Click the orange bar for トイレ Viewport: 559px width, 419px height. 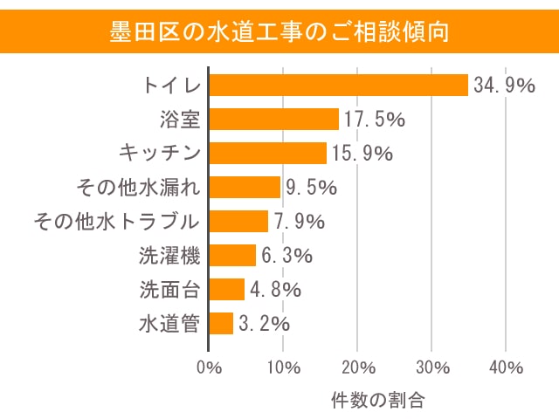point(339,85)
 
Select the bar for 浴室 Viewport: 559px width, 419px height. point(274,119)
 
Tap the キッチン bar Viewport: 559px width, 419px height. point(268,153)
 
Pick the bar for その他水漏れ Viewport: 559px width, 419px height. point(245,187)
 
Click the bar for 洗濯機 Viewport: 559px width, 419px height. point(232,255)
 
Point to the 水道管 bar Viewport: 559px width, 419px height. point(221,323)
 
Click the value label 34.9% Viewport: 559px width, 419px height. point(504,86)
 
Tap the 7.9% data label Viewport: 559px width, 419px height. point(299,222)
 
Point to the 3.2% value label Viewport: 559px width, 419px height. point(264,324)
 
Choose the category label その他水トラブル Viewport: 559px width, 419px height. point(117,222)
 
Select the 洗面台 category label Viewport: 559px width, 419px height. point(169,290)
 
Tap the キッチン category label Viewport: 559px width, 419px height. point(159,154)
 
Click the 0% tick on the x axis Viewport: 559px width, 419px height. point(210,367)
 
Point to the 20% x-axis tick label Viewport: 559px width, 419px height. point(358,367)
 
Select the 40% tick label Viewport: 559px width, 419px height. point(507,367)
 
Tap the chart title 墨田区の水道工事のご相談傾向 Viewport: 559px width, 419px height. point(279,32)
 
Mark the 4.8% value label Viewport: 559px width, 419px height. point(275,290)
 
